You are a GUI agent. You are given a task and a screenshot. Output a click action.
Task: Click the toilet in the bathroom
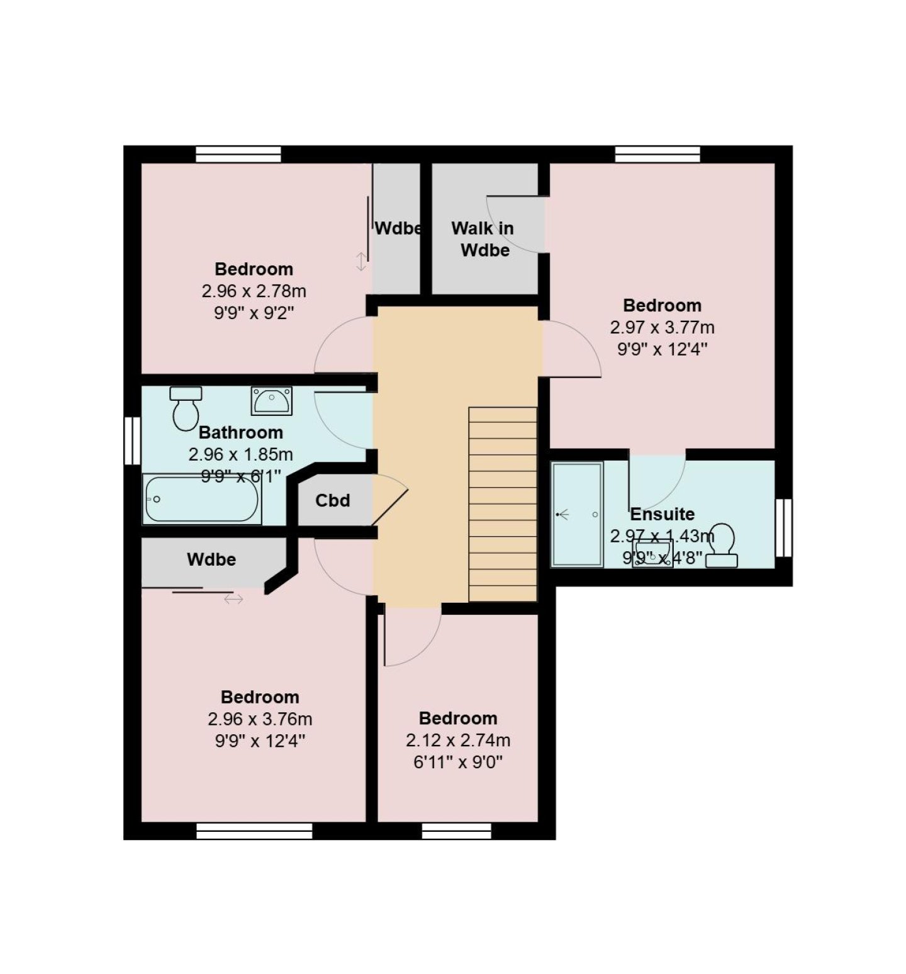coord(186,408)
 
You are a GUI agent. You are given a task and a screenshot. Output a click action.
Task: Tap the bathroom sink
coord(271,401)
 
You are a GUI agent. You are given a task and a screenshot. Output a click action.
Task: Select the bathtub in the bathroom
coord(202,499)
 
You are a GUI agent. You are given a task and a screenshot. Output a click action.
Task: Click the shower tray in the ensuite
coord(577,515)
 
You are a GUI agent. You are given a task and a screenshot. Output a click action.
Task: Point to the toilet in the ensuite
coord(722,545)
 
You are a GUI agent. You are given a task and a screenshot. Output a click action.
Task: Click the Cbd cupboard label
coord(333,501)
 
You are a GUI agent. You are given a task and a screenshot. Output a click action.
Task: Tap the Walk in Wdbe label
coord(483,239)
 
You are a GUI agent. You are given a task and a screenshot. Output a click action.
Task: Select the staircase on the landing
coord(503,504)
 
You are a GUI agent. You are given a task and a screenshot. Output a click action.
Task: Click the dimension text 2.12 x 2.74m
coord(458,741)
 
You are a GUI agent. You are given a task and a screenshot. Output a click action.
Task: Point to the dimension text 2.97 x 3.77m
coord(663,328)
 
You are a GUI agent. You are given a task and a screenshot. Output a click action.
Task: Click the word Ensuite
coord(663,514)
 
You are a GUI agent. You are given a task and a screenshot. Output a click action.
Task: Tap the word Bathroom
coord(241,432)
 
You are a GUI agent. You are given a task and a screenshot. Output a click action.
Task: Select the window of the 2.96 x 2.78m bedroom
coord(238,154)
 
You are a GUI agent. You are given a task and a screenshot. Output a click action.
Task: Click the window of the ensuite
coord(783,527)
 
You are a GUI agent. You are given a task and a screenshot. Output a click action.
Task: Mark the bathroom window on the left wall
coord(132,440)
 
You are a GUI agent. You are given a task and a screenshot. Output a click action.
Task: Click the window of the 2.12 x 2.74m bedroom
coord(457,831)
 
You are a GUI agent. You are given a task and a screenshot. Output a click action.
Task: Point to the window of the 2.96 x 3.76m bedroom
coord(254,831)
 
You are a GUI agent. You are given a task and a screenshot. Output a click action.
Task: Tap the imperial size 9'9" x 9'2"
coord(254,313)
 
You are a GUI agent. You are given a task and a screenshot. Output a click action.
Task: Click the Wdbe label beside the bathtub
coord(211,559)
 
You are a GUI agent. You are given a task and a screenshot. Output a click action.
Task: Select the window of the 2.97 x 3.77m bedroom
coord(657,154)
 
